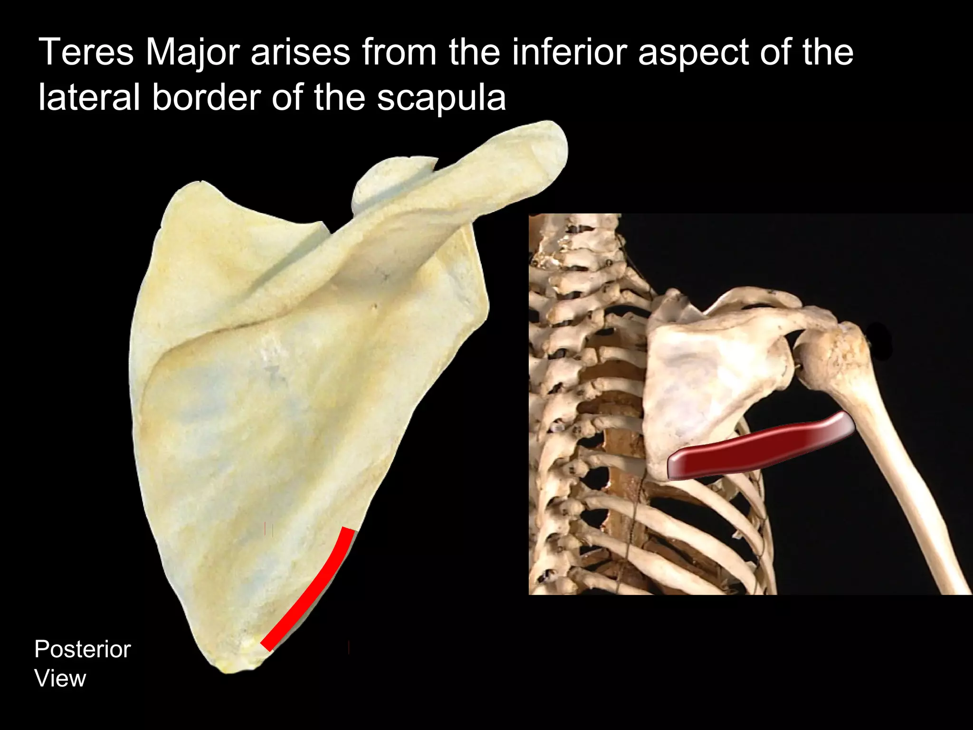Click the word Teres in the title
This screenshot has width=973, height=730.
coord(86,52)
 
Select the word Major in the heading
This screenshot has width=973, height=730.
coord(192,53)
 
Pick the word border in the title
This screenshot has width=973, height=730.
coord(206,98)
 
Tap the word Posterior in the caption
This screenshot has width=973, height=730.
coord(82,650)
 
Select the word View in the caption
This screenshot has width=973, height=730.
coord(60,678)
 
